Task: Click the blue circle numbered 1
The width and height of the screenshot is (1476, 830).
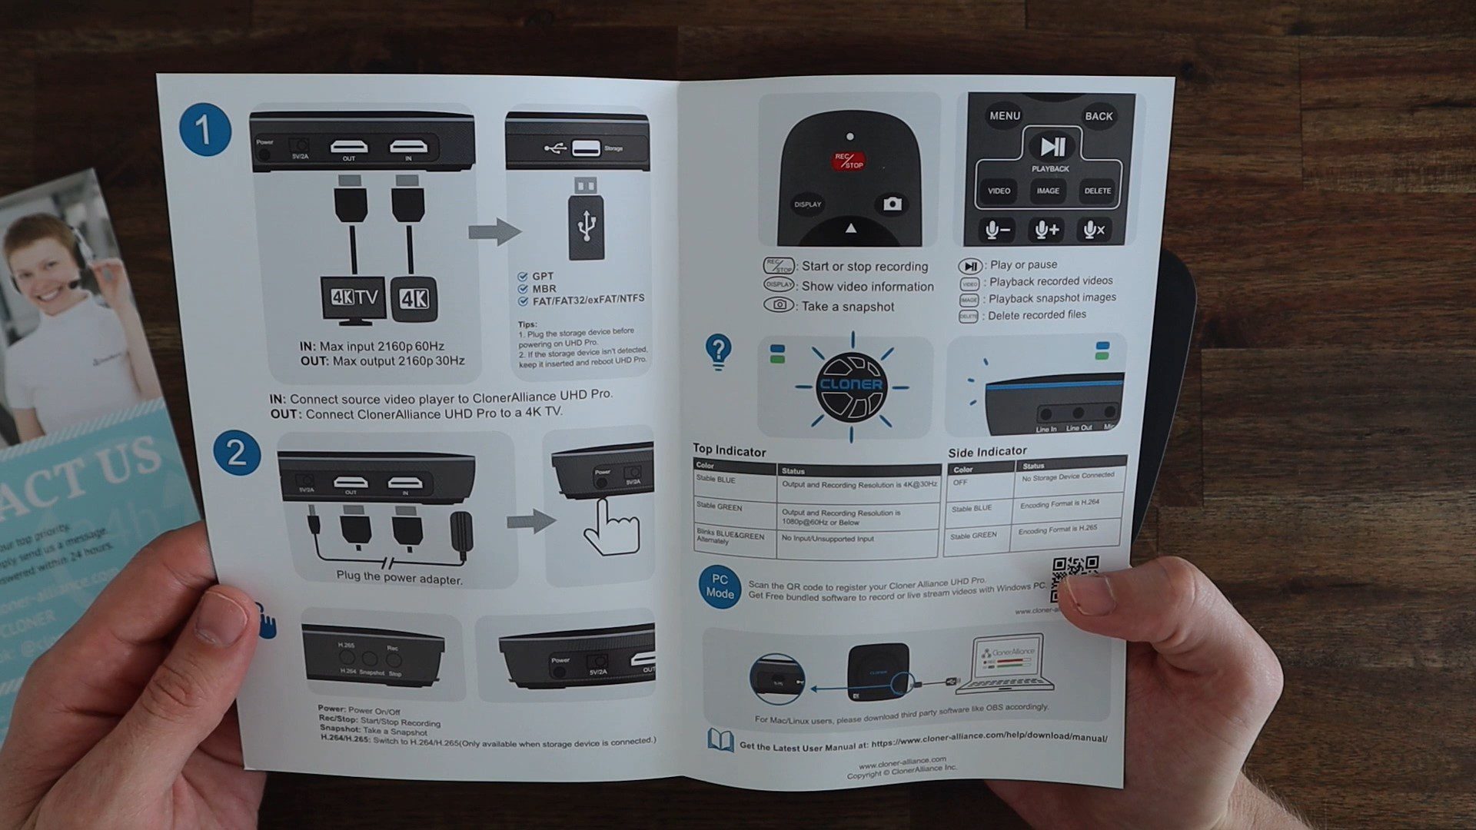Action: click(204, 130)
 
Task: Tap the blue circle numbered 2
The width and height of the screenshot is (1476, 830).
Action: click(236, 453)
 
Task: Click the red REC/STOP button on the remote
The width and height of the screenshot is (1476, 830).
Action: click(848, 160)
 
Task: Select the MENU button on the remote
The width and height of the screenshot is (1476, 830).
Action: click(1005, 116)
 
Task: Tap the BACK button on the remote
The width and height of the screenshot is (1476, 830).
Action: click(1099, 116)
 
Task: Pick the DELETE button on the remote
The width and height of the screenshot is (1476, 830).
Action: click(1097, 191)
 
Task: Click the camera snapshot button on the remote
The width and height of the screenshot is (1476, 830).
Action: click(892, 204)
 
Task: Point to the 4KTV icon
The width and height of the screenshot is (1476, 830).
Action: click(354, 298)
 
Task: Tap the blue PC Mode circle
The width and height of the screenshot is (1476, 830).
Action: click(720, 587)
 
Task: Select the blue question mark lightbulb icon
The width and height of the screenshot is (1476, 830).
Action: click(718, 352)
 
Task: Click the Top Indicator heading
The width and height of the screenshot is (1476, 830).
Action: click(729, 451)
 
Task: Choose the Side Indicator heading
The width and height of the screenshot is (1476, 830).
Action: click(987, 452)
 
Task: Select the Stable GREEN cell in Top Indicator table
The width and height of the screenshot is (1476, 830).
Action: click(720, 506)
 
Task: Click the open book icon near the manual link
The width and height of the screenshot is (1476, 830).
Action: click(720, 741)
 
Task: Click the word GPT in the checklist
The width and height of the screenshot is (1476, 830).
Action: click(543, 276)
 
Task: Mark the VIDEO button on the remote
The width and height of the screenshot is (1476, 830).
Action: click(999, 191)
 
